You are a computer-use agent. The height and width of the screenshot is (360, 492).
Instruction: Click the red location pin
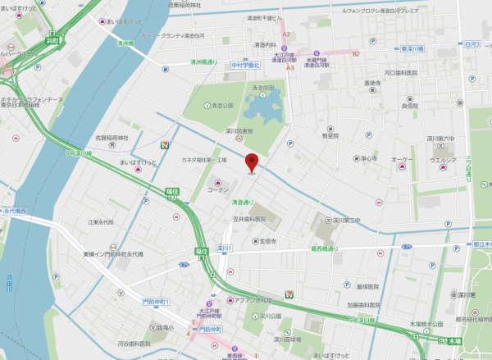click(x=253, y=162)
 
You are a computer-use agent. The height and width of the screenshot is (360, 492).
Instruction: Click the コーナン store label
click(x=241, y=189)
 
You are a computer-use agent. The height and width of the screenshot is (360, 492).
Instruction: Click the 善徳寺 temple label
click(x=372, y=84)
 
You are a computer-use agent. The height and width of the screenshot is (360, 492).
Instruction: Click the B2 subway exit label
click(x=356, y=53)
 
